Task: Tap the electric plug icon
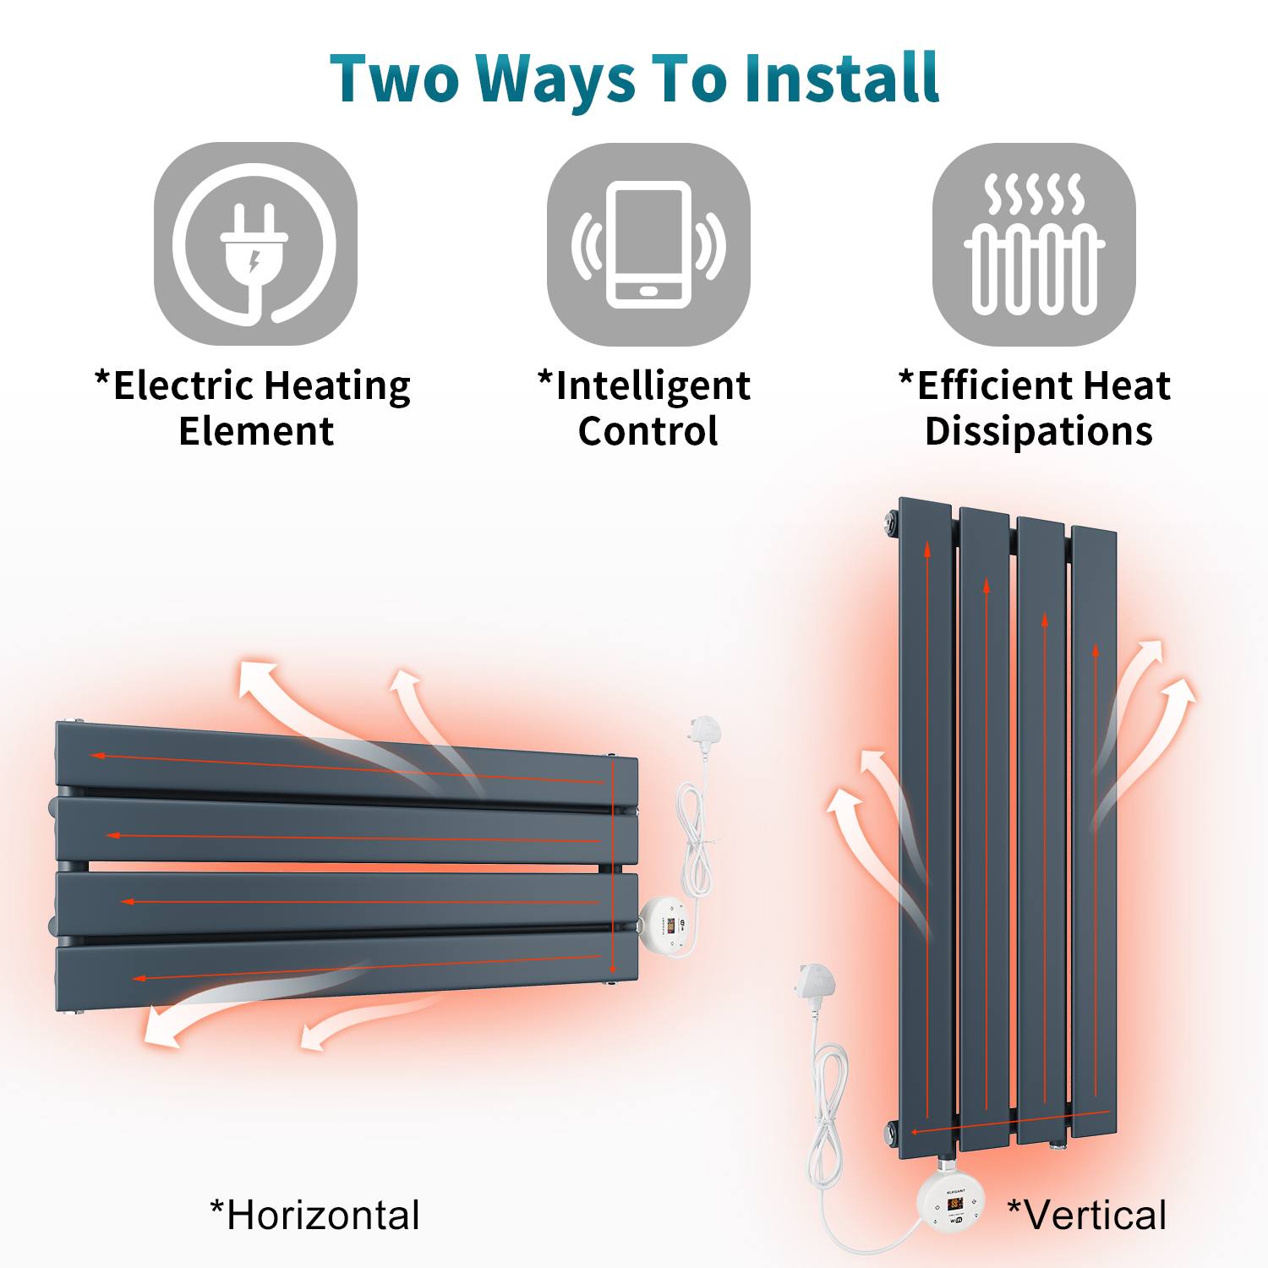point(255,243)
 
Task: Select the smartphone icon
point(648,244)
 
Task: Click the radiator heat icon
point(1034,244)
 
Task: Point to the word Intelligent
point(653,387)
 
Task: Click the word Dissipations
point(1039,431)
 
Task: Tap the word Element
point(256,431)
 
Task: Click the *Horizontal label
point(314,1216)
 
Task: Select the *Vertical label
point(1087,1216)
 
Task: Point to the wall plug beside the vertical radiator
point(815,985)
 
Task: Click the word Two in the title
point(395,78)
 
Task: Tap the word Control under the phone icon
point(648,431)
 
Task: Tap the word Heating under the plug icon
point(337,387)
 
